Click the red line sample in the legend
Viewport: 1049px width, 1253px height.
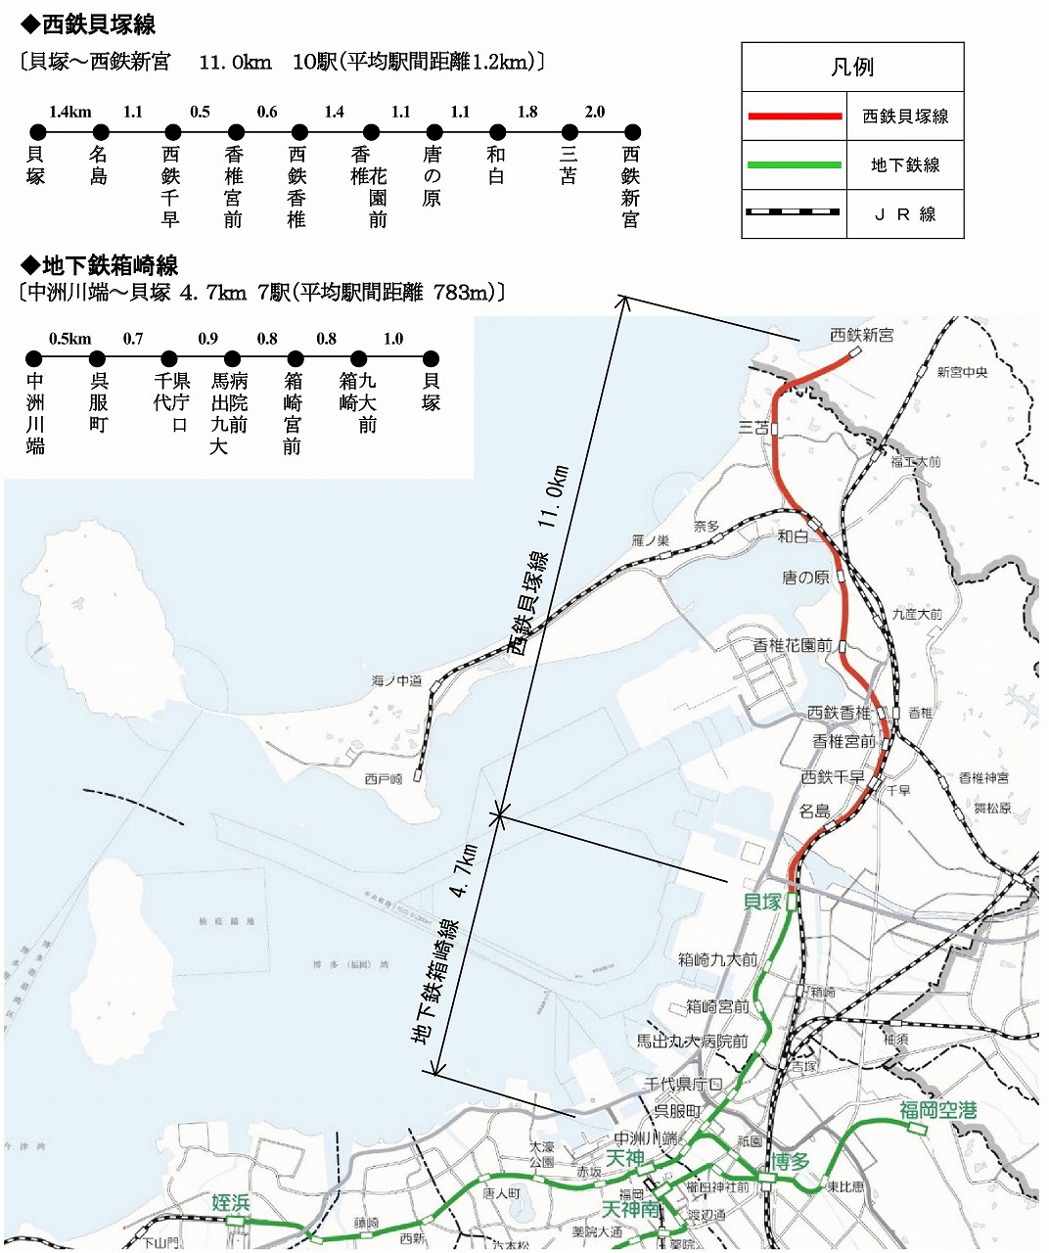[795, 116]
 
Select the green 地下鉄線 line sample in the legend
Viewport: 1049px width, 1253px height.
[795, 165]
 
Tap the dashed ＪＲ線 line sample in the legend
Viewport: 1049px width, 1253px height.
[795, 212]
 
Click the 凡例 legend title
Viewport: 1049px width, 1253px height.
[851, 68]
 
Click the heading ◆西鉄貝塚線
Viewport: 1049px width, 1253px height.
[88, 24]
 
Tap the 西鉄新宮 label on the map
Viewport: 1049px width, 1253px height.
[861, 335]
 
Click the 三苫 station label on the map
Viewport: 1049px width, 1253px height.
[753, 427]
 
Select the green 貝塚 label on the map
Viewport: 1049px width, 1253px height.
[763, 902]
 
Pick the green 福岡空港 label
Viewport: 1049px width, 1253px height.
[937, 1110]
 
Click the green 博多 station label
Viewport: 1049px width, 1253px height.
[790, 1162]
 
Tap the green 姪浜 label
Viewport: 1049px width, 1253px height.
[231, 1202]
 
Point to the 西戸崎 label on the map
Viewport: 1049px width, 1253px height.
[384, 779]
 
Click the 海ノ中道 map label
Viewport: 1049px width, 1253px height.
[396, 680]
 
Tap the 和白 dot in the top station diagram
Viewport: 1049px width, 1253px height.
[497, 132]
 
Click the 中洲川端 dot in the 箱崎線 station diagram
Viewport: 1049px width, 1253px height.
[34, 359]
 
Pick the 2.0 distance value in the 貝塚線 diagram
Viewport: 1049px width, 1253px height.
[595, 112]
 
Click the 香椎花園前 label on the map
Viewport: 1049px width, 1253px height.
[793, 645]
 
